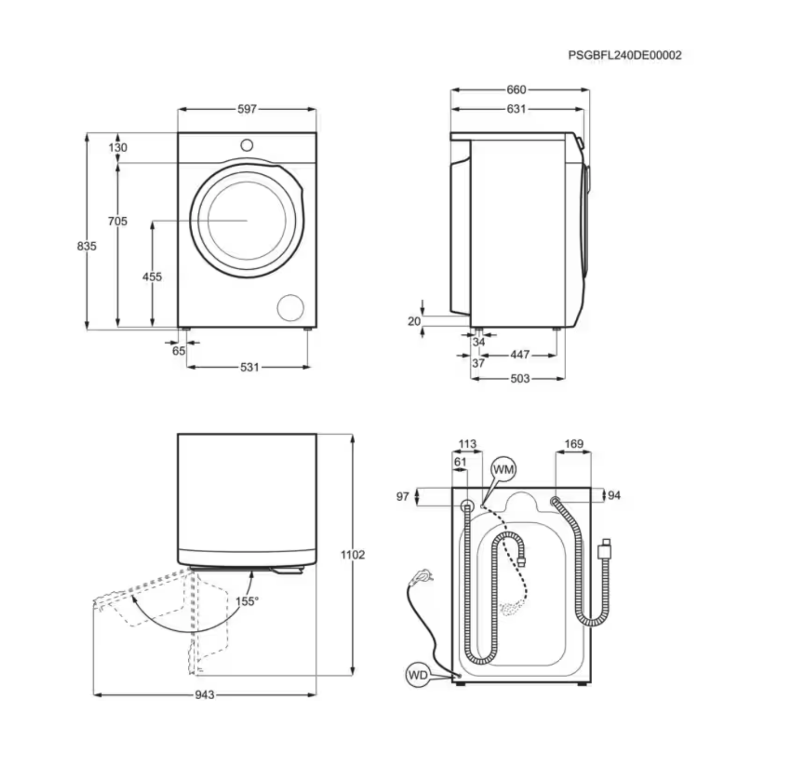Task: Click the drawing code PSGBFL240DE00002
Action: (x=625, y=55)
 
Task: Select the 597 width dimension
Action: (x=247, y=109)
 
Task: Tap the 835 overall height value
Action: (x=87, y=246)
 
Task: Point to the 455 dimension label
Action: (x=152, y=277)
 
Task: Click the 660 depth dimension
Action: (x=516, y=89)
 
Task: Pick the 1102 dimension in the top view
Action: (x=353, y=554)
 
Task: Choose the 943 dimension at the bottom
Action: (x=205, y=694)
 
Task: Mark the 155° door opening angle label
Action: (x=246, y=601)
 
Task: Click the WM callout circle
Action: (x=504, y=470)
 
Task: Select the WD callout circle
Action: (x=418, y=675)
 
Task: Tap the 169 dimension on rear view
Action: (x=574, y=444)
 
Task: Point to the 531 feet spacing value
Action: (x=249, y=367)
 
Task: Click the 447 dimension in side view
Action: (x=520, y=355)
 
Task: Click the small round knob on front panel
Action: (x=247, y=145)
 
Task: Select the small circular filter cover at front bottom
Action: (x=290, y=308)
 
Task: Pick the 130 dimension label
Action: (x=118, y=147)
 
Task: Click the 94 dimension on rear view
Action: (x=614, y=495)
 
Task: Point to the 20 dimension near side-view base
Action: (x=414, y=321)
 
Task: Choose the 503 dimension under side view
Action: (x=520, y=378)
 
